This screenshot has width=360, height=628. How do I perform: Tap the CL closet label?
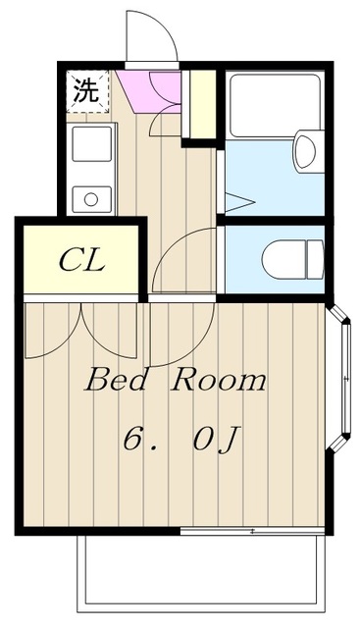coord(82,260)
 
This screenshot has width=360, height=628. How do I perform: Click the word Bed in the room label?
coord(114,381)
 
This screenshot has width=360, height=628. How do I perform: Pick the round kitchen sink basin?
coord(91,199)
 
